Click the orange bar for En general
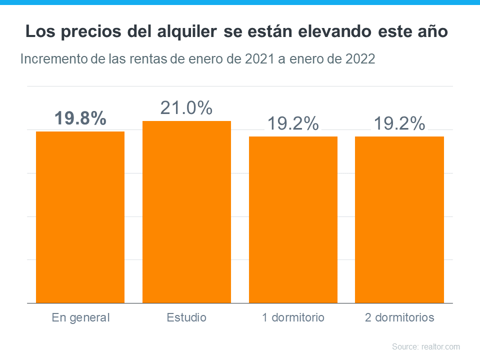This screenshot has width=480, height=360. [80, 217]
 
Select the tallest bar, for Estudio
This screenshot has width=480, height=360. [186, 212]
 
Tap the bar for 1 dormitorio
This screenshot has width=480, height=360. [293, 219]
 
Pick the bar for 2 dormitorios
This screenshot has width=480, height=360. [399, 219]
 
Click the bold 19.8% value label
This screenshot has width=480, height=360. [80, 118]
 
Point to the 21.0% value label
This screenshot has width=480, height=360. [186, 108]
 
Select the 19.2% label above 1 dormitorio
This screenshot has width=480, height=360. [293, 123]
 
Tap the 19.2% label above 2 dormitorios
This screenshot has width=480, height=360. [399, 123]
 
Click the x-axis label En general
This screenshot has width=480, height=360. [80, 317]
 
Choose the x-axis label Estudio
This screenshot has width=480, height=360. [186, 317]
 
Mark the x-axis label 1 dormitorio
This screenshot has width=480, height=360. [293, 317]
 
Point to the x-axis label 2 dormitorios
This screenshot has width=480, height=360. [399, 317]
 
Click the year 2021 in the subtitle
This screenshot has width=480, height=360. [259, 59]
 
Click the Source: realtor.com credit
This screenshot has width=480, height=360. [425, 346]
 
